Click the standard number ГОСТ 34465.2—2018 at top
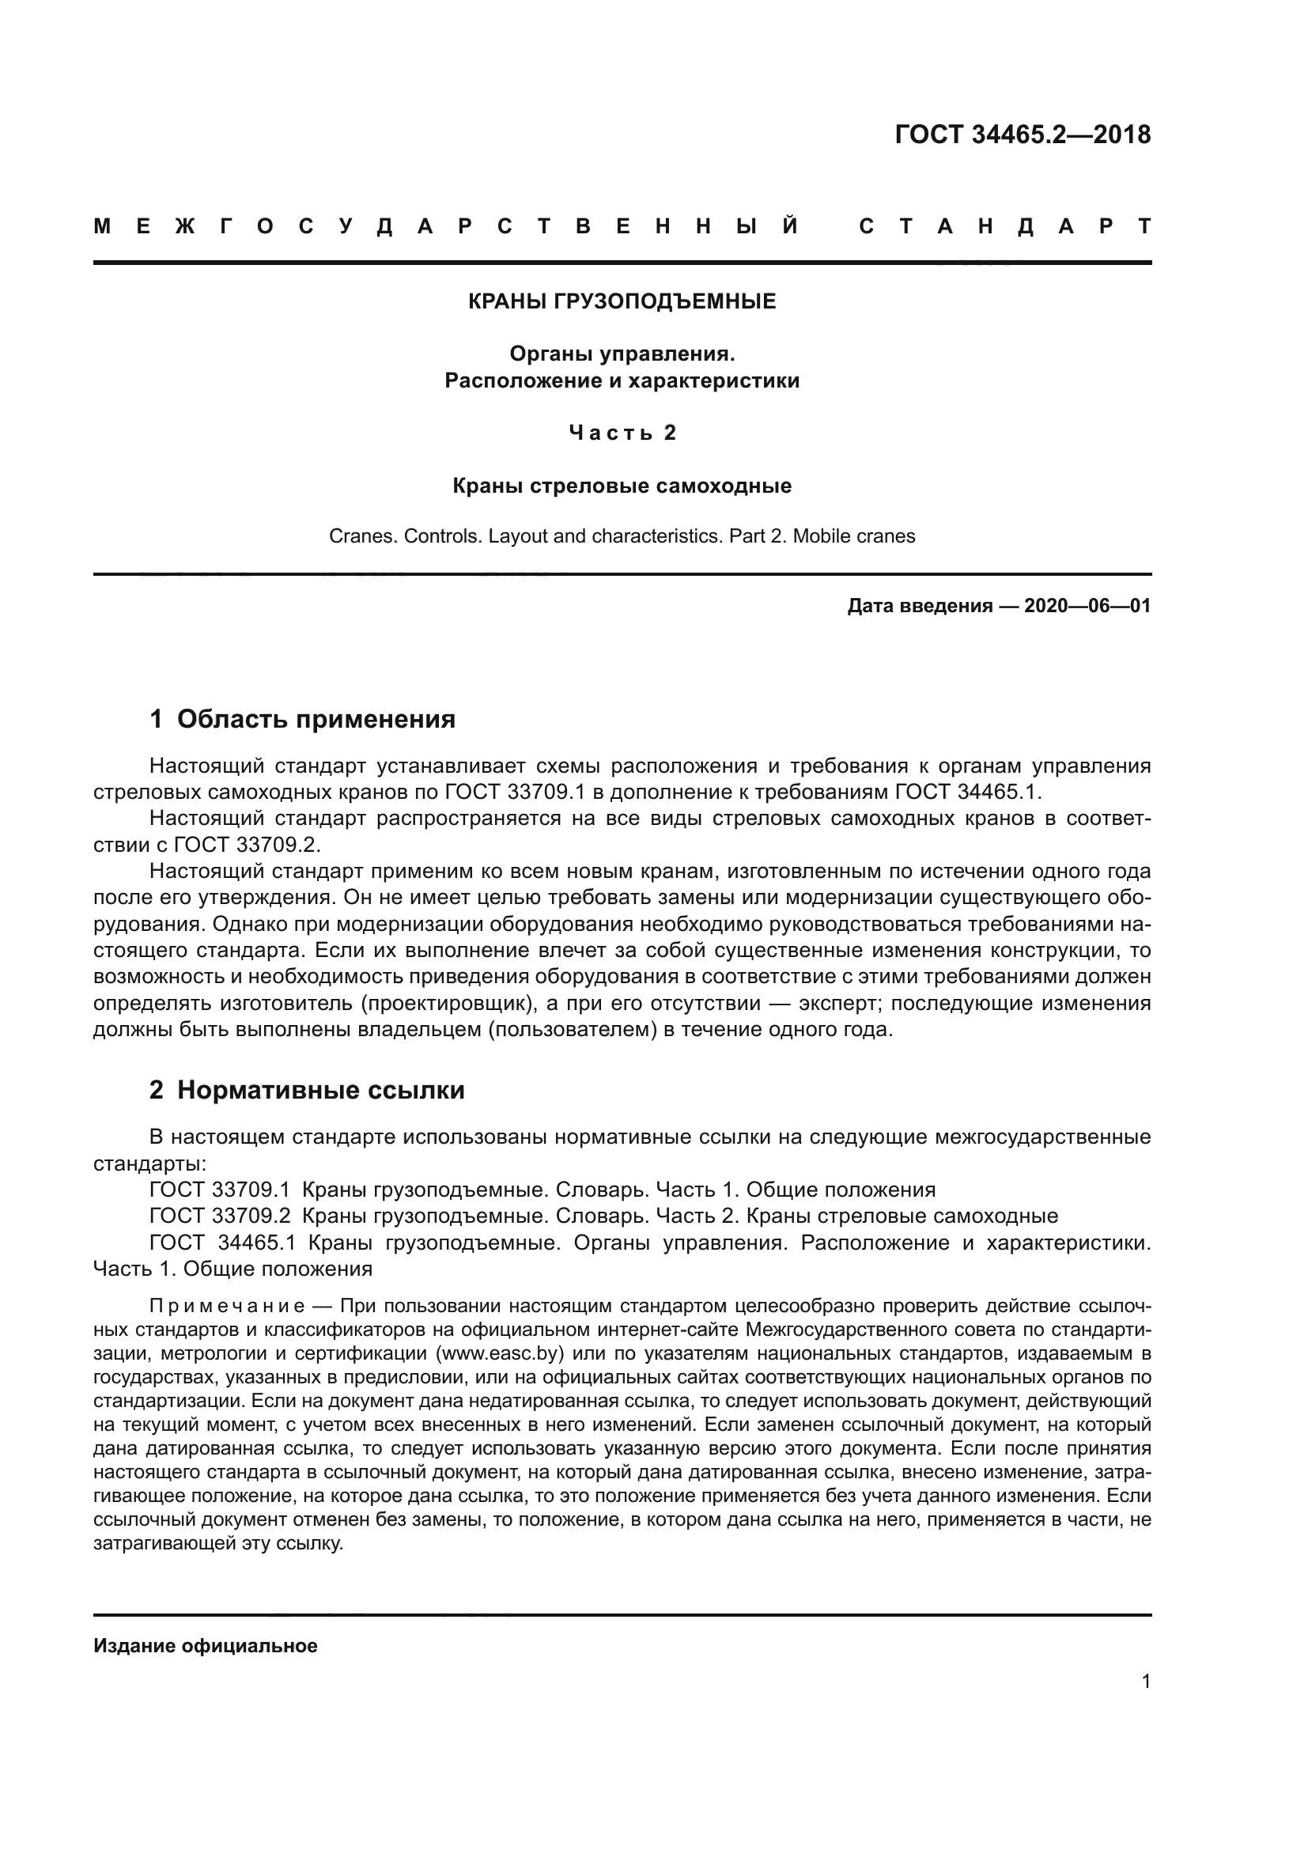tap(1022, 134)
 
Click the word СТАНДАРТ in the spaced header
tap(1004, 226)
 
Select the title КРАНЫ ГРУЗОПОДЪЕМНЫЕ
tap(622, 302)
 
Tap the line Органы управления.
tap(622, 354)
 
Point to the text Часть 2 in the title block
tap(622, 433)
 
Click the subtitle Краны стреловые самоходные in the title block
tap(622, 486)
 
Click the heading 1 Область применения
tap(303, 719)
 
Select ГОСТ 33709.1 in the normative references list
tap(220, 1190)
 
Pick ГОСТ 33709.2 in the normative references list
tap(220, 1216)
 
